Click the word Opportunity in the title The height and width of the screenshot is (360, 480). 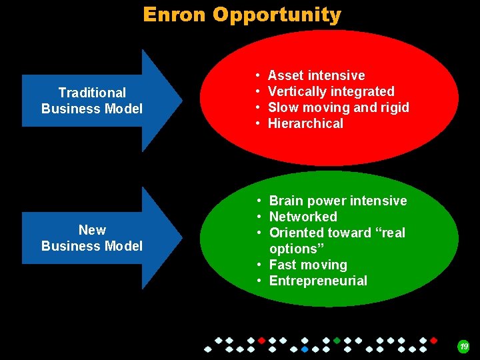pyautogui.click(x=277, y=15)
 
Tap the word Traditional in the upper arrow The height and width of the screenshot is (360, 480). pyautogui.click(x=92, y=93)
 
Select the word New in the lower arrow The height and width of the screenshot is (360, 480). pyautogui.click(x=92, y=230)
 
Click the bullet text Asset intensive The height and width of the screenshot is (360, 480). pyautogui.click(x=316, y=75)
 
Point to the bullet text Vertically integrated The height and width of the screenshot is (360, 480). pyautogui.click(x=331, y=91)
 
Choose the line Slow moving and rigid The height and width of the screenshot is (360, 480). pyautogui.click(x=338, y=107)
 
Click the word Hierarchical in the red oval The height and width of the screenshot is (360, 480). pyautogui.click(x=305, y=123)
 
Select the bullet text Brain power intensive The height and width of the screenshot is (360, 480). pyautogui.click(x=337, y=201)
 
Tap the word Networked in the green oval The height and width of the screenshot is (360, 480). pyautogui.click(x=303, y=217)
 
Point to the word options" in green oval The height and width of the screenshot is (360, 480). pyautogui.click(x=293, y=249)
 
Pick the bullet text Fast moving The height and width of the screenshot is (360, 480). pyautogui.click(x=308, y=265)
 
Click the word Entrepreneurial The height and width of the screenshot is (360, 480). pyautogui.click(x=318, y=281)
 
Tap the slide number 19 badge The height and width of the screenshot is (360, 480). pyautogui.click(x=463, y=346)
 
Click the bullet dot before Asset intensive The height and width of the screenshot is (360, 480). pyautogui.click(x=257, y=76)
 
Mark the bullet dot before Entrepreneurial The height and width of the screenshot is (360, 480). pyautogui.click(x=259, y=281)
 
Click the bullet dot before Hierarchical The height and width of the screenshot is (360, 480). pyautogui.click(x=257, y=124)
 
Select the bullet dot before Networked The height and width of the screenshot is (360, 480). pyautogui.click(x=259, y=217)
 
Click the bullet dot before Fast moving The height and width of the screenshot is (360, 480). pyautogui.click(x=259, y=265)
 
